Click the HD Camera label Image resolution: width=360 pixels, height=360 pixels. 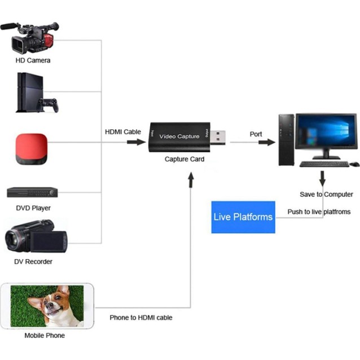click(33, 60)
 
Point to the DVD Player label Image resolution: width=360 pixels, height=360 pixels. click(33, 208)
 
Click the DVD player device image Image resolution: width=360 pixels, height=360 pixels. click(32, 192)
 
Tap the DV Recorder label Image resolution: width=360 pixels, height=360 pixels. click(33, 261)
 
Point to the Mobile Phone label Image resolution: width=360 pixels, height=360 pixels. click(45, 336)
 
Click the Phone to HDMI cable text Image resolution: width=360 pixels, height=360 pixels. click(141, 318)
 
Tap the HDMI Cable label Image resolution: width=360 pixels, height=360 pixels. click(123, 131)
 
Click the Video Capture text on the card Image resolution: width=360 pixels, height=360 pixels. click(179, 136)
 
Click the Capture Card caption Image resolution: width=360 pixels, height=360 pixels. click(185, 159)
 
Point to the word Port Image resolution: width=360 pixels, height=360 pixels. click(256, 134)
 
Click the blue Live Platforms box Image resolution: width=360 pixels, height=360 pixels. click(243, 217)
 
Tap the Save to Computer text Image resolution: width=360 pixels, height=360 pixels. click(326, 194)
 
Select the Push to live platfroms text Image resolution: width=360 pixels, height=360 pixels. click(319, 212)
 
